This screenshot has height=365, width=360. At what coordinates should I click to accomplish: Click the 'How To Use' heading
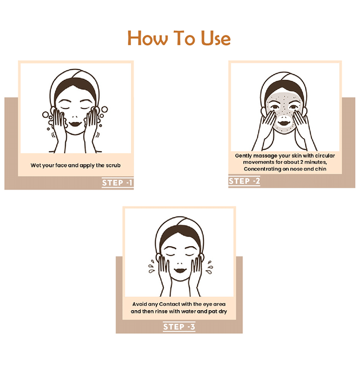[x=179, y=38]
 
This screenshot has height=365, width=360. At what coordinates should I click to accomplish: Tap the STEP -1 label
[x=117, y=182]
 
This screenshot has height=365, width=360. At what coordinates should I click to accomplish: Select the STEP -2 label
[x=244, y=181]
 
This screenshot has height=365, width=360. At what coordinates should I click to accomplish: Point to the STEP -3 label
[x=179, y=327]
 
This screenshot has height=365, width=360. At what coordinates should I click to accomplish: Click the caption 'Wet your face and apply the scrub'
[x=76, y=165]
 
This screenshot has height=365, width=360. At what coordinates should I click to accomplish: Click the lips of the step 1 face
[x=75, y=124]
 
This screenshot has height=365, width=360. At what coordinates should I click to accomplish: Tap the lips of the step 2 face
[x=284, y=123]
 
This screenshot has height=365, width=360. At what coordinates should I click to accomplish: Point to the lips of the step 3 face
[x=180, y=271]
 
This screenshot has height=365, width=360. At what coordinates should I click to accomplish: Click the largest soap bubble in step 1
[x=104, y=110]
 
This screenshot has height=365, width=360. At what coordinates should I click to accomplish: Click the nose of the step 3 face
[x=179, y=263]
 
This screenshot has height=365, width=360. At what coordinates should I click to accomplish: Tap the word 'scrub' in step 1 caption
[x=113, y=165]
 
